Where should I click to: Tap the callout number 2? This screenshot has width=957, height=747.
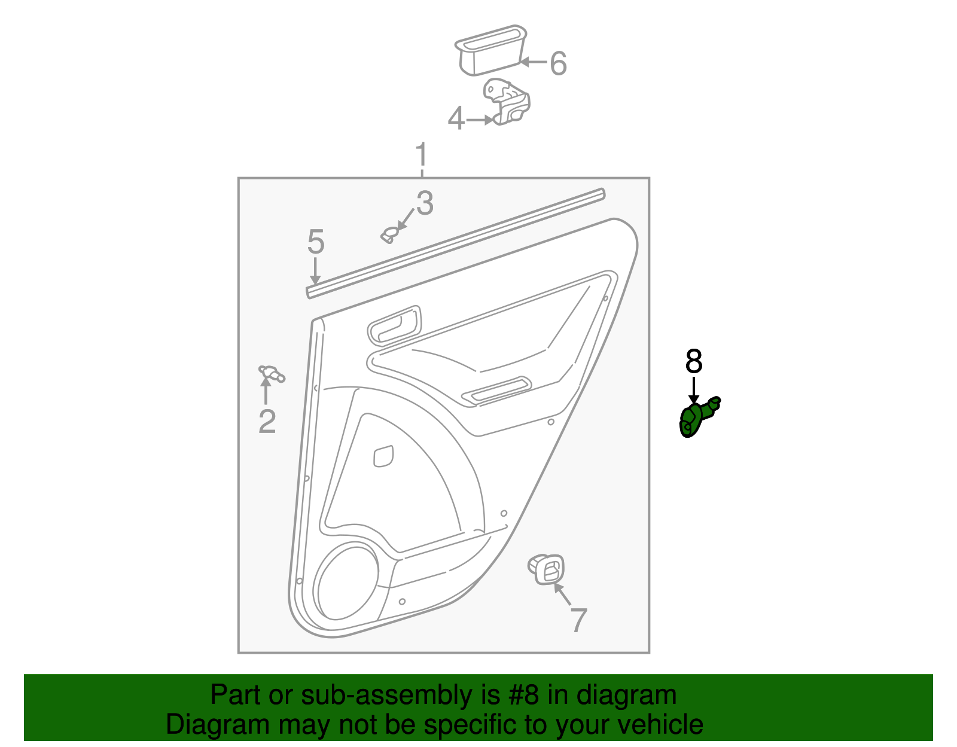point(267,421)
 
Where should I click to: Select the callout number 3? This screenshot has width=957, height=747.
point(425,203)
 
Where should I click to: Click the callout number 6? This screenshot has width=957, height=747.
point(559,63)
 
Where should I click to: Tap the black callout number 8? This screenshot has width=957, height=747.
point(694,361)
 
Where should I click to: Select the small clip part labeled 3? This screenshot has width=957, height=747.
point(389,235)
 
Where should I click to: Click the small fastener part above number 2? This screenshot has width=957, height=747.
point(272,374)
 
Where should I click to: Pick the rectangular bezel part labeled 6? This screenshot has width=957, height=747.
point(490,50)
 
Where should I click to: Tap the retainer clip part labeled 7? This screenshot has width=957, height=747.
point(546,569)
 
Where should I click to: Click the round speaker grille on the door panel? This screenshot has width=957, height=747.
point(346,582)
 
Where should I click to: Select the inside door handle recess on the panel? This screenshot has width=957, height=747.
point(394,326)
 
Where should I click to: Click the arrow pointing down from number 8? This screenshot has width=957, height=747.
point(694,390)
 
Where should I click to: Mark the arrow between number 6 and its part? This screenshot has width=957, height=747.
point(533,62)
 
